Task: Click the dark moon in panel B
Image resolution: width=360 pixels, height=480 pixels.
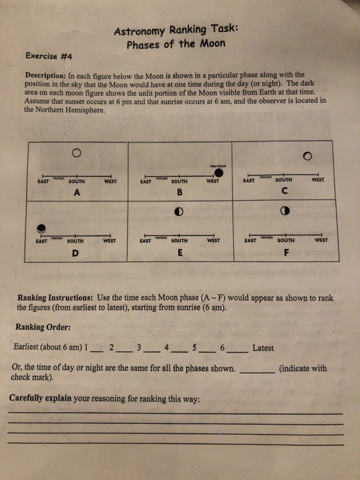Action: click(218, 163)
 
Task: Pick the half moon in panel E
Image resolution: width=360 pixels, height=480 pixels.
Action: click(179, 211)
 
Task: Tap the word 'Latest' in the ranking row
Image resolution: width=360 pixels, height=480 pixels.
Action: click(263, 348)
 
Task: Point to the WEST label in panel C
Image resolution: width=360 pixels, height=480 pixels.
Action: click(317, 181)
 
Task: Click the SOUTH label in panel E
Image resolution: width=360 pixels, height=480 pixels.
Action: click(179, 241)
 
